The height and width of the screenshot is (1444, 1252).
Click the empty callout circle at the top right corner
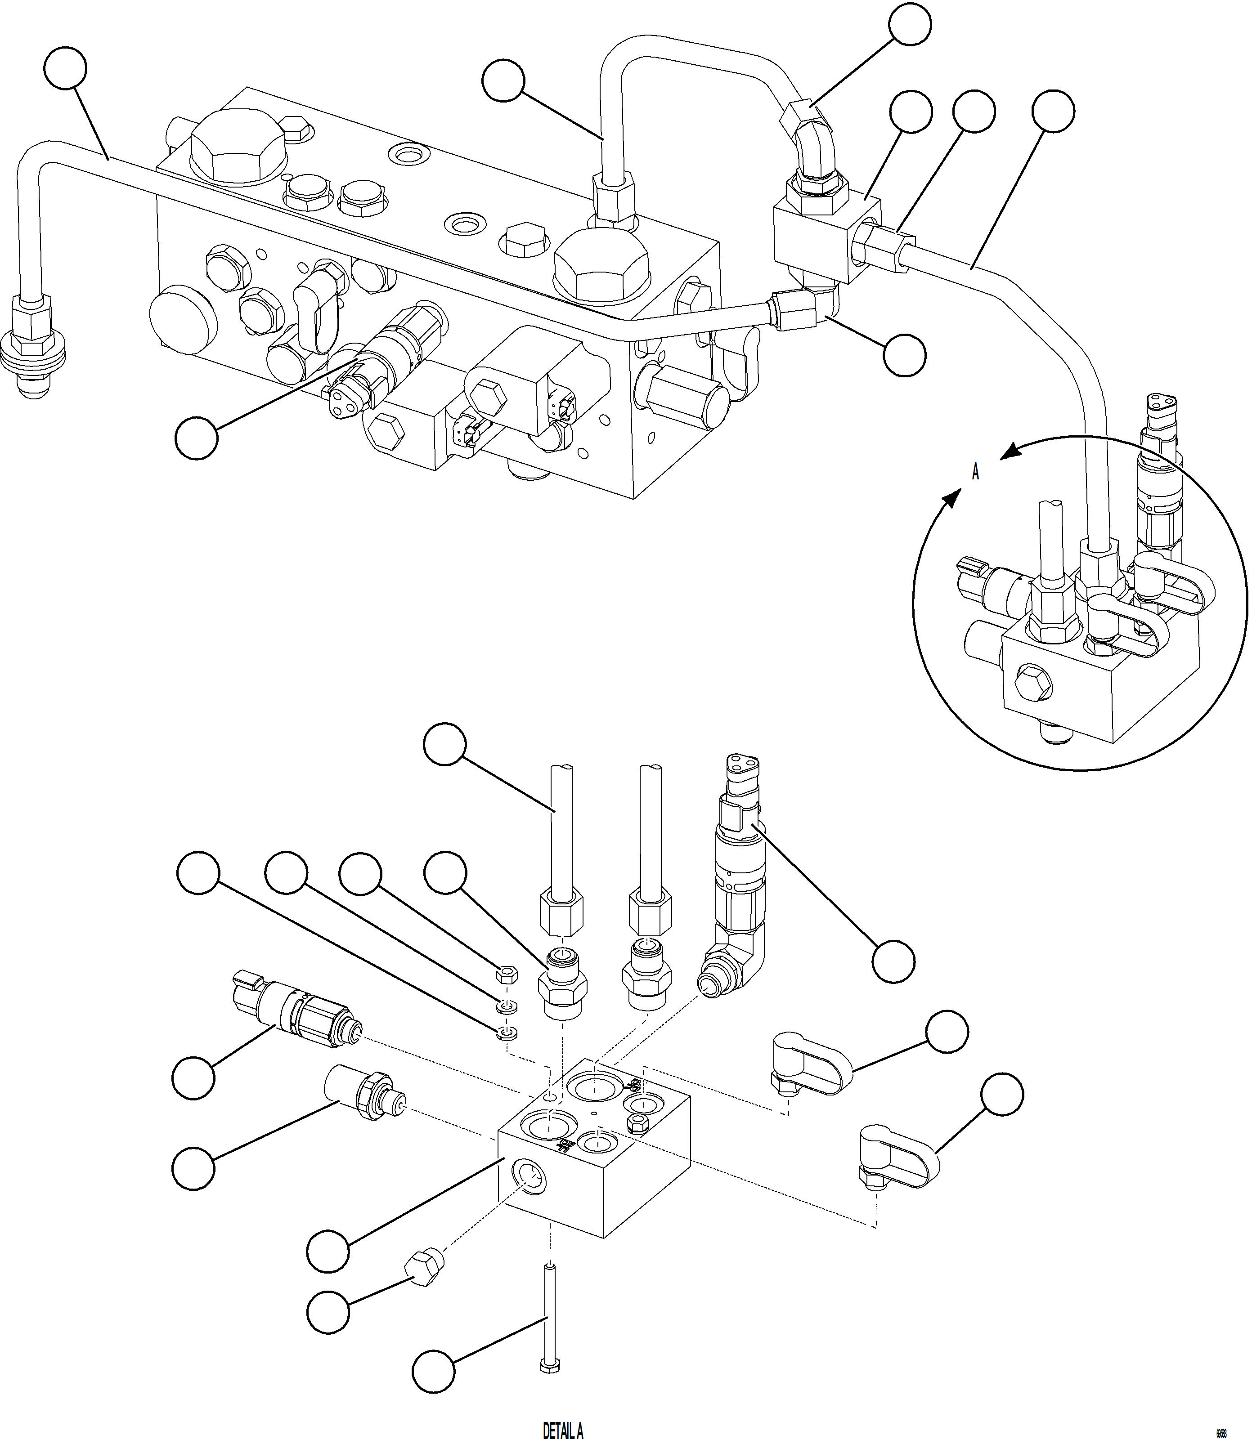[x=911, y=24]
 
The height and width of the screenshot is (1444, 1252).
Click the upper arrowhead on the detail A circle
[x=1010, y=452]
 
